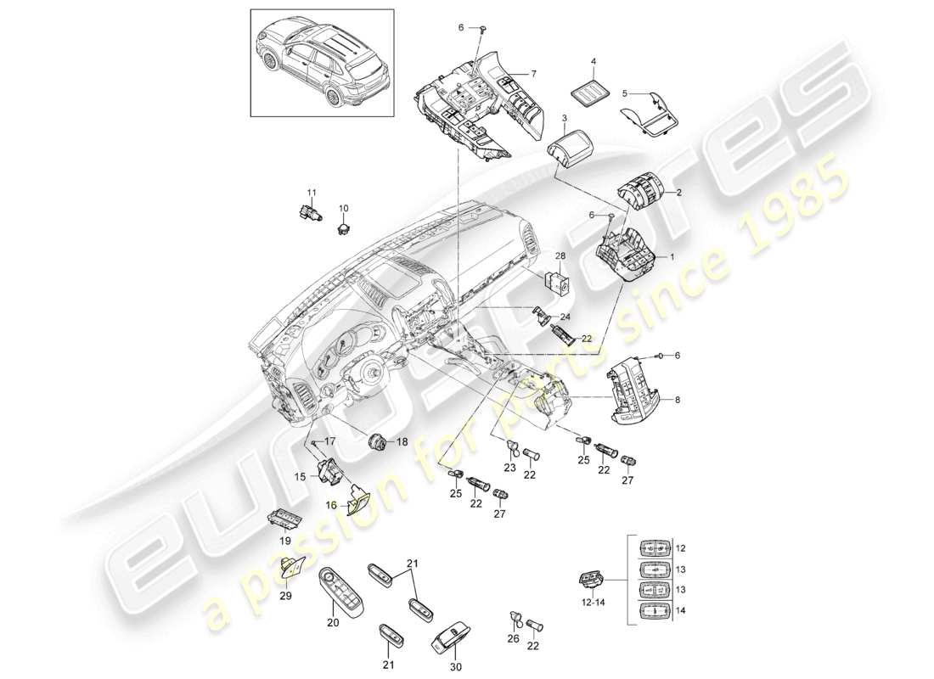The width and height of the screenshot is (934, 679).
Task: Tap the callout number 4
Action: tap(594, 61)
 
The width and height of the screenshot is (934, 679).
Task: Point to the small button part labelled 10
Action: tap(344, 226)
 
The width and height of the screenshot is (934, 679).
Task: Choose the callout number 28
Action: tap(560, 255)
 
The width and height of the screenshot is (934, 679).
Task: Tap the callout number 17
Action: tap(331, 441)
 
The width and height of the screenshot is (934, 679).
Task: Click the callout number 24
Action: tap(565, 317)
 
